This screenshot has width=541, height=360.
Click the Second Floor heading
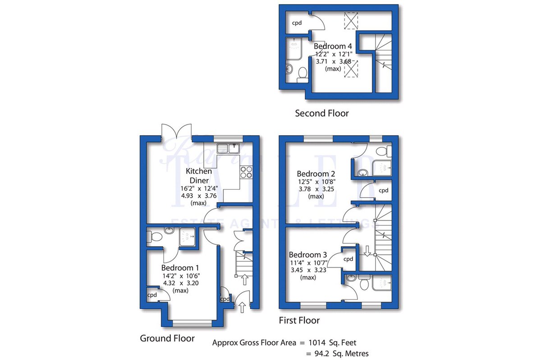pos(321,113)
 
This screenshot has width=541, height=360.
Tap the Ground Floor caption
pos(167,338)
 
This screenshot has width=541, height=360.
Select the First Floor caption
pos(299,320)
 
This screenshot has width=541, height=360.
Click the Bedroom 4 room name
pos(333,46)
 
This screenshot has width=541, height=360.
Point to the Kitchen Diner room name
pos(198,176)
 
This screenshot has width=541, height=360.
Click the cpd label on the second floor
pos(296,23)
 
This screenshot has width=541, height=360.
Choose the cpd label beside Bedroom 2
pos(383,191)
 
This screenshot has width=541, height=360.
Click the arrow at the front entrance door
pos(242,307)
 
